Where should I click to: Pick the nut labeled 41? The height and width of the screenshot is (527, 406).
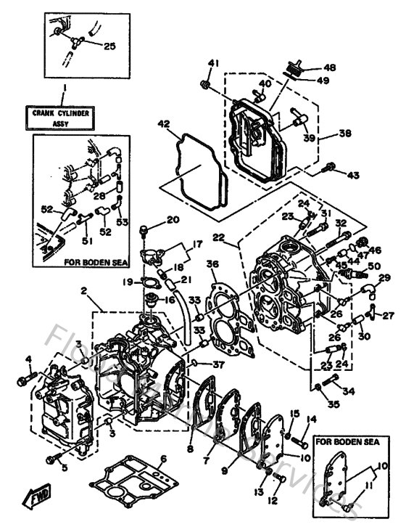[207, 88]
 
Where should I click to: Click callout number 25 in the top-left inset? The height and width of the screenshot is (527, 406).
[109, 46]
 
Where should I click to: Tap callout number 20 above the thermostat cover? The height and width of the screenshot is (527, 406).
[173, 220]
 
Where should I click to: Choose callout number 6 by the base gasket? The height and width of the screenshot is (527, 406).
[164, 458]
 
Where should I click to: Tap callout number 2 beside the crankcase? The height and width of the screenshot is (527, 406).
[84, 291]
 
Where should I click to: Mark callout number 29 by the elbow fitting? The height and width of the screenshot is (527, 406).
[384, 279]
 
